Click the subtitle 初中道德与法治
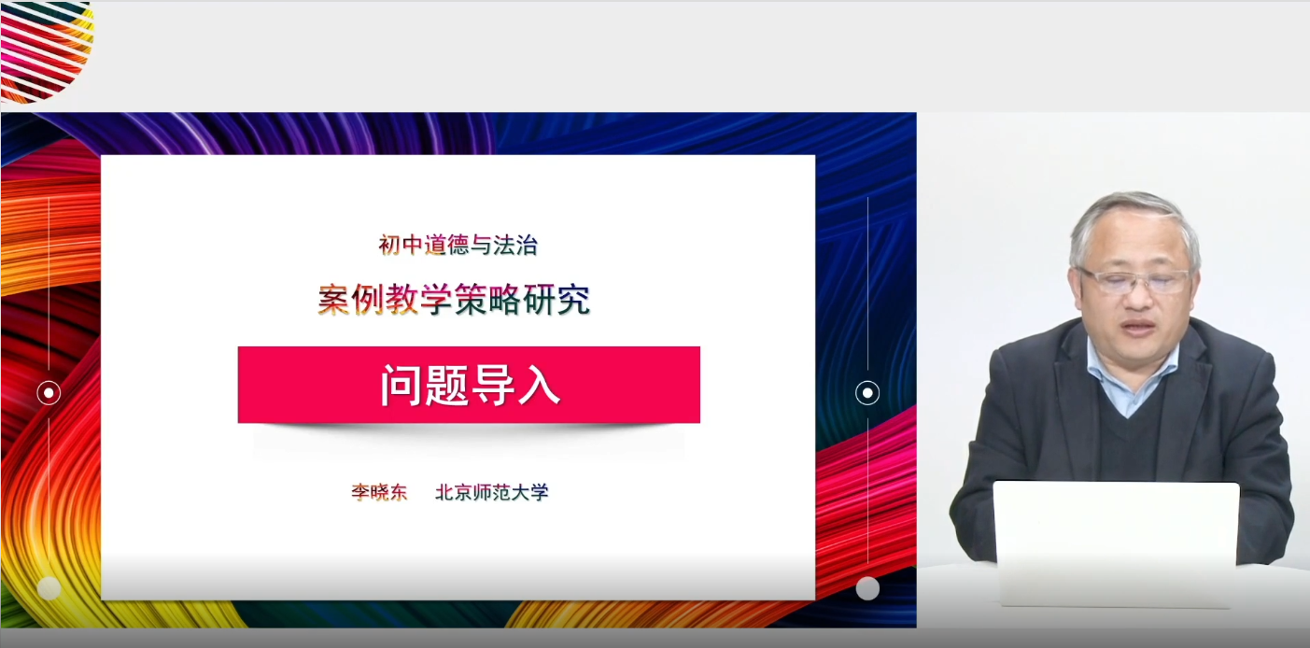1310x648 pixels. tap(458, 245)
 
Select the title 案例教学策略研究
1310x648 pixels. tap(455, 300)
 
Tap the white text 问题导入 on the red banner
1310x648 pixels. tap(471, 385)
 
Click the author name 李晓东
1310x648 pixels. tap(379, 492)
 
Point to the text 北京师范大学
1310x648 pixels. tap(492, 492)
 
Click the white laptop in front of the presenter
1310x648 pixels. tap(1116, 541)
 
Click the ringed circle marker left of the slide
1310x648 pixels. tap(49, 392)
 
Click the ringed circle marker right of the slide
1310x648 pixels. tap(867, 392)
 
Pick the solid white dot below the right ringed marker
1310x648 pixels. tap(867, 588)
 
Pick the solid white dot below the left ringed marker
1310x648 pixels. tap(49, 588)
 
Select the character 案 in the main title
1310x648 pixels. tap(334, 300)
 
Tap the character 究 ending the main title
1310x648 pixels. tap(574, 300)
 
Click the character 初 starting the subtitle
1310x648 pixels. tap(389, 245)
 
